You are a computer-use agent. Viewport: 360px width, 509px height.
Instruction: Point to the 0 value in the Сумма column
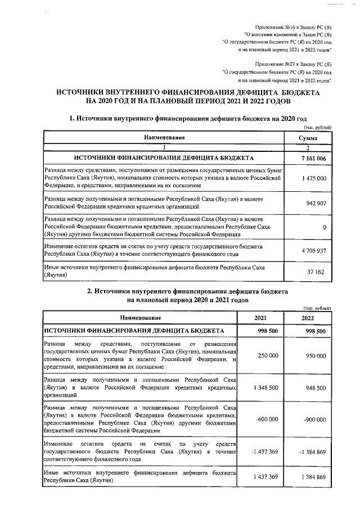[325, 227]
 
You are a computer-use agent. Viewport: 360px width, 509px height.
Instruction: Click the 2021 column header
[260, 318]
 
